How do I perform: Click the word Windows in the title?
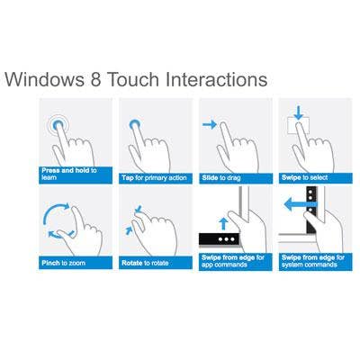[45, 79]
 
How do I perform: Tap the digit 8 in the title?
[95, 79]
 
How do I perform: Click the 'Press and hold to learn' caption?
[69, 174]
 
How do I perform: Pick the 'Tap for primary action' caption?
[154, 178]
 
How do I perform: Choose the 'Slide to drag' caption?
[221, 178]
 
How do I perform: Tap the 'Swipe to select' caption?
[304, 177]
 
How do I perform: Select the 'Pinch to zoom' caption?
[64, 263]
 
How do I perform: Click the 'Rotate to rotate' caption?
[145, 263]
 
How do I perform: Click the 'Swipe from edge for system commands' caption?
[313, 261]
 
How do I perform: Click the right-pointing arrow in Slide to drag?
[210, 124]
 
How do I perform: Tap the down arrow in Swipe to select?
[298, 112]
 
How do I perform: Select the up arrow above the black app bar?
[222, 224]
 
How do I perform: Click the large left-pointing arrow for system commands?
[300, 205]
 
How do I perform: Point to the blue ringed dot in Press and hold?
[58, 124]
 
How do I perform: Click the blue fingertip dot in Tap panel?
[135, 124]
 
